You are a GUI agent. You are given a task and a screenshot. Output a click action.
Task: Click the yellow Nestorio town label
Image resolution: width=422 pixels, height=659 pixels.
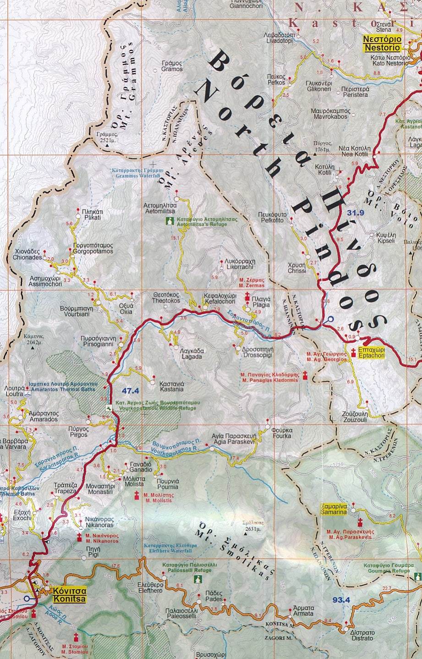pos(382,43)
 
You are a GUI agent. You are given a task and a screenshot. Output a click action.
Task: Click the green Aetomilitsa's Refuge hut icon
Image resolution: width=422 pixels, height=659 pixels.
pos(170,222)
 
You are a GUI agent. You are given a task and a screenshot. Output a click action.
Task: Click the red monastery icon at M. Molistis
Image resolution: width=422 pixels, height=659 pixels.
pos(137,495)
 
